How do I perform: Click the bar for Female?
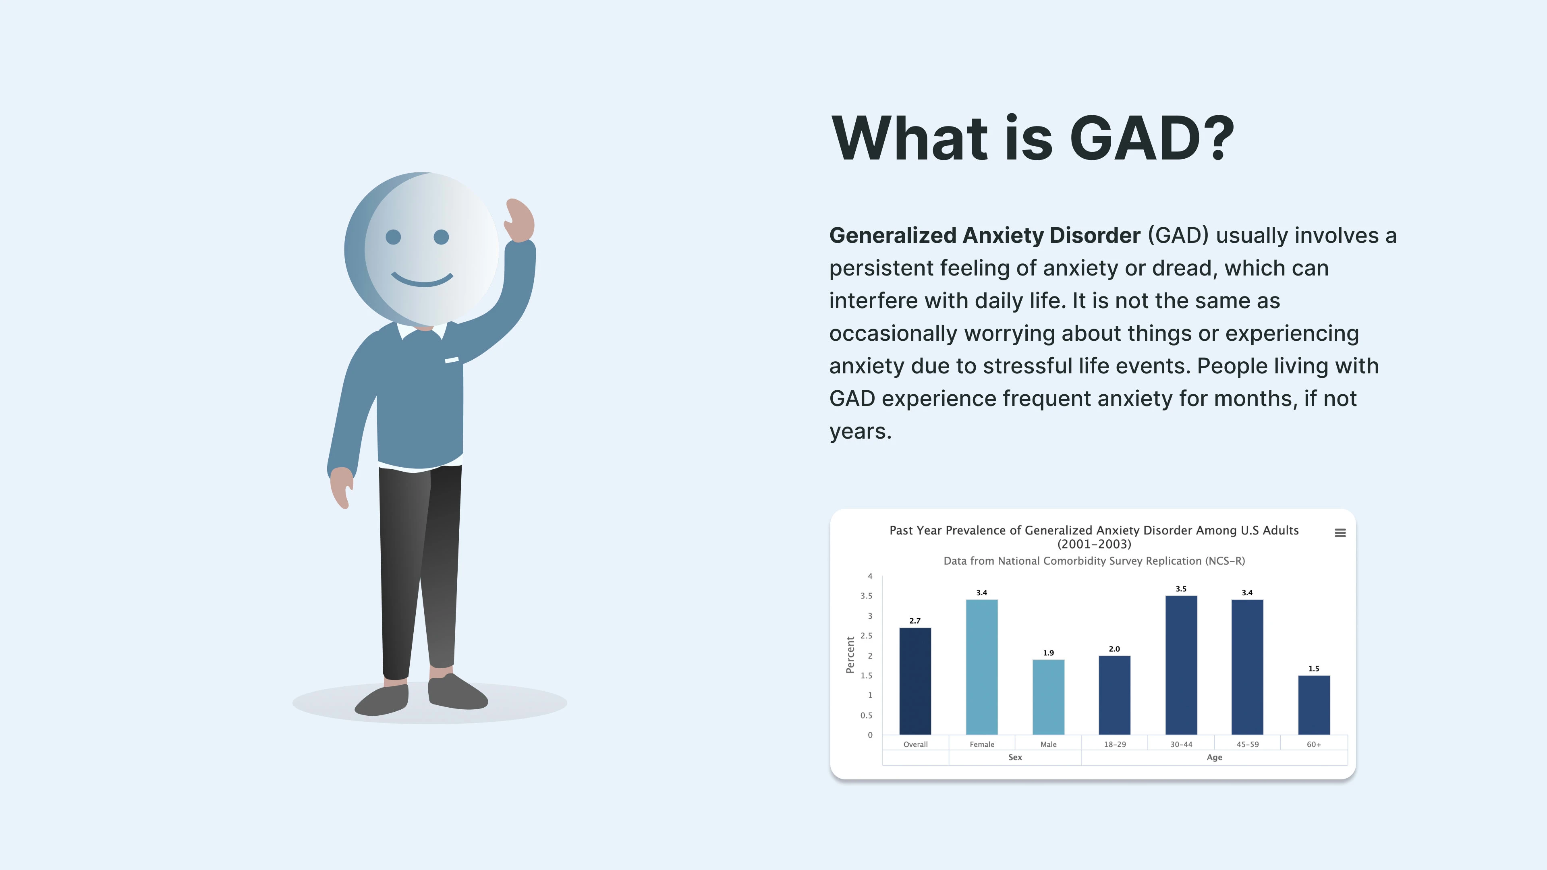coord(982,667)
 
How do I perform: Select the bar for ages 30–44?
coord(1181,665)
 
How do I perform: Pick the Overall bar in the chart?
coord(915,681)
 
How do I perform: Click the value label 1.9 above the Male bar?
coord(1049,652)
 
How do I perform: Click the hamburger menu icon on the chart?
coord(1340,533)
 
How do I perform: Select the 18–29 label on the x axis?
coord(1115,744)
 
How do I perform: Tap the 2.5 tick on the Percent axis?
coord(866,636)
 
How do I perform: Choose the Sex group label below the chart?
coord(1015,758)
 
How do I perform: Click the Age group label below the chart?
coord(1214,758)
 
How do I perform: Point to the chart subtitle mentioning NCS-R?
coord(1094,561)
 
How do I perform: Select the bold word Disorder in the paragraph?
coord(1095,235)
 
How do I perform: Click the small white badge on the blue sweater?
coord(452,360)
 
